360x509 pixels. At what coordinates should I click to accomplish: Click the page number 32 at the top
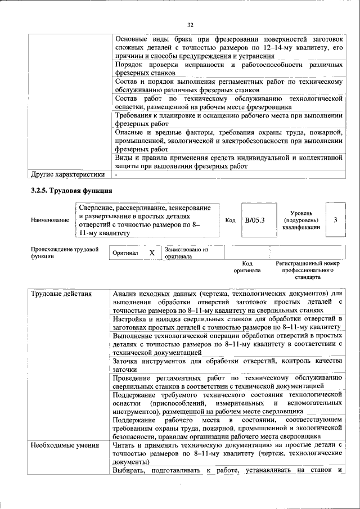click(x=190, y=25)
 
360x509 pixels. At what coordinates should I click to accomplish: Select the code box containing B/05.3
click(x=254, y=219)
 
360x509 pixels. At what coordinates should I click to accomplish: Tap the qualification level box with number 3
click(x=335, y=219)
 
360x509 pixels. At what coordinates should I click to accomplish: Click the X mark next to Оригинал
click(x=151, y=253)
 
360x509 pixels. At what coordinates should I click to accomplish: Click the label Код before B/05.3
click(x=230, y=220)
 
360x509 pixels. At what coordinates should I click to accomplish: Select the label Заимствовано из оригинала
click(x=187, y=253)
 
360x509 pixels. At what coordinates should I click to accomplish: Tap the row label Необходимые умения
click(x=65, y=445)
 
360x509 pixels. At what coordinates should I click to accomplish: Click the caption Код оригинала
click(x=247, y=267)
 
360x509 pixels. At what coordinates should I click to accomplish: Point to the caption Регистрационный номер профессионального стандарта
click(x=308, y=270)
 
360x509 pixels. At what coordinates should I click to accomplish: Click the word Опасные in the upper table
click(x=128, y=132)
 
